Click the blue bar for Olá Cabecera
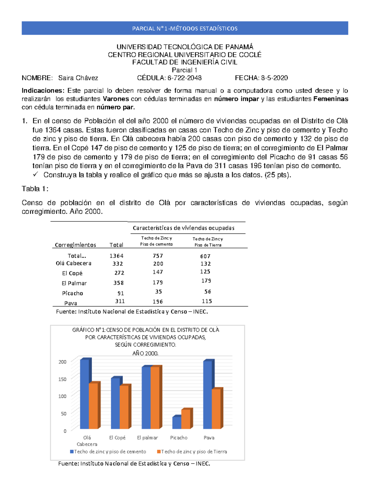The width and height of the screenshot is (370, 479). point(84,394)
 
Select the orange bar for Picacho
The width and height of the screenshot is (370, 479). point(186,419)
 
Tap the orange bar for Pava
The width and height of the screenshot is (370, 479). point(216,409)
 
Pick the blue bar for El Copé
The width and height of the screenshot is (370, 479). point(115,403)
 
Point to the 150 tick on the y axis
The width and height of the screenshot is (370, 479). point(63,379)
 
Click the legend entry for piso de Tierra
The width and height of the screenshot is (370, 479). point(192,452)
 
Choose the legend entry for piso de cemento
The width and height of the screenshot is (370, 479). point(108,452)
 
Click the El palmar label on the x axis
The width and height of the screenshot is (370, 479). point(147,438)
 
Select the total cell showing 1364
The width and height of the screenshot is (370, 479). point(117,256)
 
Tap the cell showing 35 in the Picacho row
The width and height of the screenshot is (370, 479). point(158,292)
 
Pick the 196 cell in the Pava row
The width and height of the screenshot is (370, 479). point(158,302)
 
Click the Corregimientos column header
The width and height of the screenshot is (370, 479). point(76,245)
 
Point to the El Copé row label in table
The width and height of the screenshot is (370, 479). point(72,273)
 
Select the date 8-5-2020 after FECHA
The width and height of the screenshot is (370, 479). point(274,78)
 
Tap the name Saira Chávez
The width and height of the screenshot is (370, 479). point(78,78)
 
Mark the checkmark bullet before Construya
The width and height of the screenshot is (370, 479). point(35,175)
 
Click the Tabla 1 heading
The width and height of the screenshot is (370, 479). point(35,189)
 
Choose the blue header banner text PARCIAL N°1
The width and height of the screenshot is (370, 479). point(185,29)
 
